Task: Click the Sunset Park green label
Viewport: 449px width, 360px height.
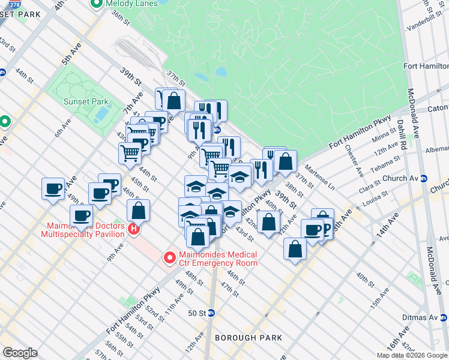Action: pyautogui.click(x=86, y=101)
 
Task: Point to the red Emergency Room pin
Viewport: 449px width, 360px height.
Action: pyautogui.click(x=170, y=258)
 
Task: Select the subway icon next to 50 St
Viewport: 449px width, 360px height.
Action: pyautogui.click(x=211, y=313)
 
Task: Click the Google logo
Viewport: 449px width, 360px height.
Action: pyautogui.click(x=20, y=353)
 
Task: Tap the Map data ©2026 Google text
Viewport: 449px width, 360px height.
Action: pyautogui.click(x=412, y=355)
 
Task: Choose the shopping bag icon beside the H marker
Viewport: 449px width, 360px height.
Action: pyautogui.click(x=138, y=211)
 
